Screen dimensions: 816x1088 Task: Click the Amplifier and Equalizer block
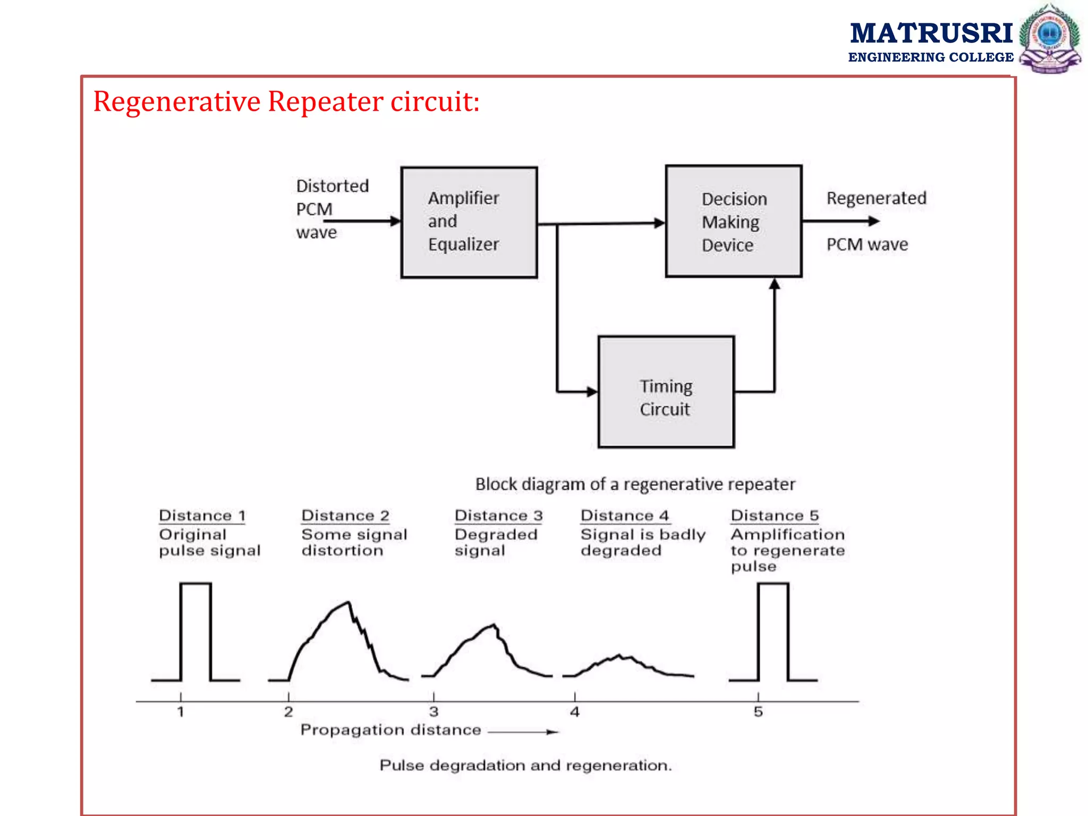(469, 222)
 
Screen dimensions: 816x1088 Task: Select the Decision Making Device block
(733, 222)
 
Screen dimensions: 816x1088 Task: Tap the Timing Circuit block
(666, 392)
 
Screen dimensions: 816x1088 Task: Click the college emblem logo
(1049, 38)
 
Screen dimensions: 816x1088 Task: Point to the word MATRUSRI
(931, 33)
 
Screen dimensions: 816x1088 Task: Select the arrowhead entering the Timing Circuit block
(592, 392)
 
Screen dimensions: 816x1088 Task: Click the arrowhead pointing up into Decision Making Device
(775, 284)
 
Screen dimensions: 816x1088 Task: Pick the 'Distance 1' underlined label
(202, 515)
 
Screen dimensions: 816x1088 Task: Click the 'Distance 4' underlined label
(625, 515)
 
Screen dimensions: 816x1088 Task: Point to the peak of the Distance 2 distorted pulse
(348, 602)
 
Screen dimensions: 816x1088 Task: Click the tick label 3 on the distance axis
(433, 712)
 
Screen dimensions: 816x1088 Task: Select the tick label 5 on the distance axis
(758, 712)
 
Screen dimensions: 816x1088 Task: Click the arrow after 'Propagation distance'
(523, 732)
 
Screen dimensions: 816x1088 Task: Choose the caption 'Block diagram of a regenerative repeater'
(635, 484)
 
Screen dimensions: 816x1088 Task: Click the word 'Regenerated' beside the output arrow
(876, 198)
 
